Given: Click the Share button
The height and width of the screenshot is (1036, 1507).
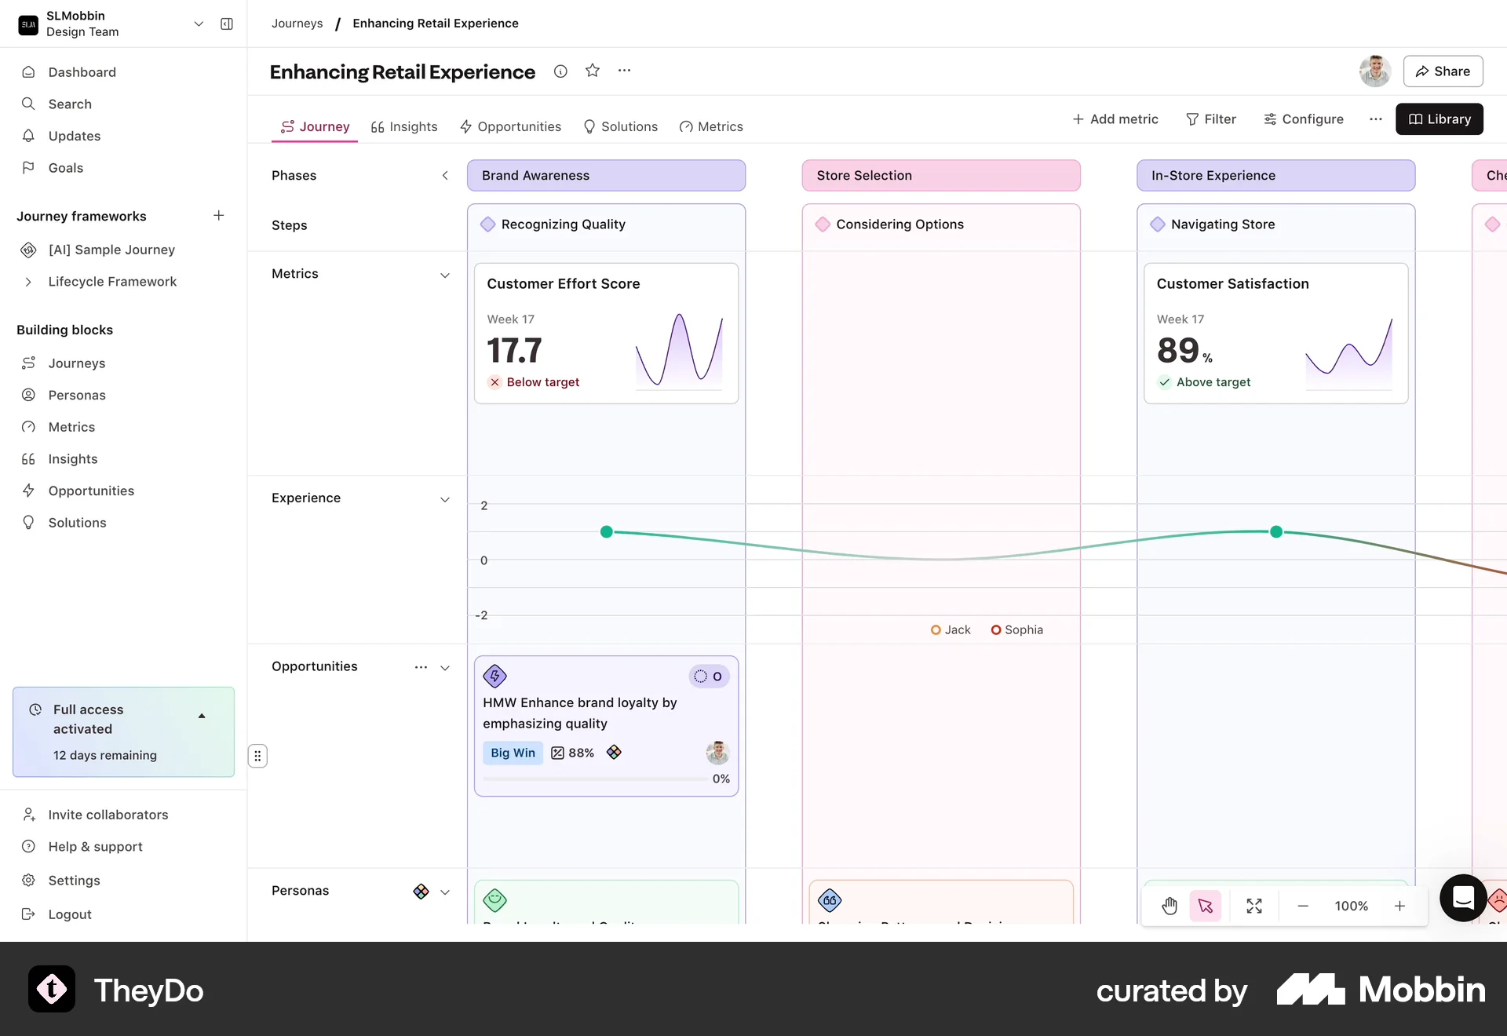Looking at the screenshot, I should click(1443, 71).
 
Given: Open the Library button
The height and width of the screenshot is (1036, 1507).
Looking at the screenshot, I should click(1439, 119).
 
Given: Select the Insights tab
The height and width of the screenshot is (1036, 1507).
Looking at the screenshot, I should click(404, 126).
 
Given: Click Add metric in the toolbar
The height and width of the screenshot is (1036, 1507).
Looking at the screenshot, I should click(1115, 119).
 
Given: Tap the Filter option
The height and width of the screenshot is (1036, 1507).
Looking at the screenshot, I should click(1211, 119).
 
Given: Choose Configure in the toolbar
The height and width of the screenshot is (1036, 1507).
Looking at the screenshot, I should click(1304, 119).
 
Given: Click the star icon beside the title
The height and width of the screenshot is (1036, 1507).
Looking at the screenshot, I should click(593, 71).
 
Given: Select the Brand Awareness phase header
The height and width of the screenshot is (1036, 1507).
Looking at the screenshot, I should click(606, 176).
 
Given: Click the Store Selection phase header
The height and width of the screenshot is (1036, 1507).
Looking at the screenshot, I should click(940, 176).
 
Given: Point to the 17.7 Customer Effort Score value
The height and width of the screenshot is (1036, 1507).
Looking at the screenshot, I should click(514, 350).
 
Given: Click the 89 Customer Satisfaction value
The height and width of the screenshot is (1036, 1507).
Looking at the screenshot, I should click(1179, 350).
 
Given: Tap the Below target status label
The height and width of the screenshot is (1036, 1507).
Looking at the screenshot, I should click(542, 382).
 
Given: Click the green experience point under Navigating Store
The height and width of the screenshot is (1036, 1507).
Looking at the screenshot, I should click(1276, 532).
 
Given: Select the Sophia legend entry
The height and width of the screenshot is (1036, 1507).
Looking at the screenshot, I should click(1017, 630).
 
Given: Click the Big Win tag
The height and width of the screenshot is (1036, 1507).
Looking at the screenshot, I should click(513, 753).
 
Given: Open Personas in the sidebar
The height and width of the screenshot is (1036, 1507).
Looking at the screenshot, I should click(77, 395).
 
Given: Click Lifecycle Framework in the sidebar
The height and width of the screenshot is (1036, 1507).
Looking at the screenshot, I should click(112, 282).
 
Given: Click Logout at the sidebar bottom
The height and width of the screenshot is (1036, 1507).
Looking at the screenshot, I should click(70, 914).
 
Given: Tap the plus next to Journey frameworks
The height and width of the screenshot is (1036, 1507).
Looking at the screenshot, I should click(219, 216).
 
